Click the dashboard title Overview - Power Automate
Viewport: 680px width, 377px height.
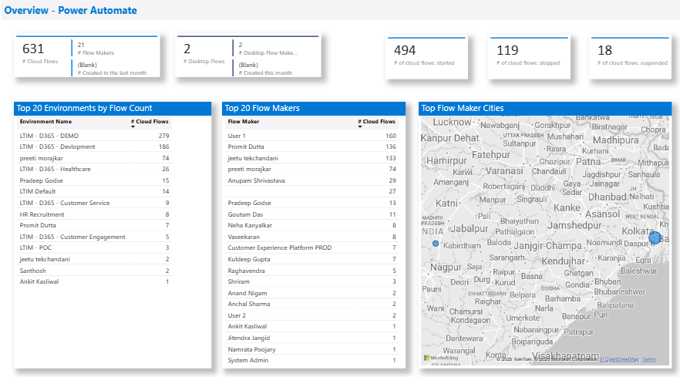point(71,11)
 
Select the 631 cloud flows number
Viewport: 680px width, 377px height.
point(33,49)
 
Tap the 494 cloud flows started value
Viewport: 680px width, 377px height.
point(405,50)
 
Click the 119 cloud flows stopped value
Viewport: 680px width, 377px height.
point(507,50)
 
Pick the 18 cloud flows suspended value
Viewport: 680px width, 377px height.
point(604,50)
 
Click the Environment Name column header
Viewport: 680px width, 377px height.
point(45,122)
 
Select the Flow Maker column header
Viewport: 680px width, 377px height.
point(244,122)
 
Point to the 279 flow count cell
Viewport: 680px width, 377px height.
point(163,136)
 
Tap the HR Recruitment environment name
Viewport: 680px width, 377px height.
point(42,214)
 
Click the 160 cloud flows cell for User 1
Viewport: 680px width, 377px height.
point(390,136)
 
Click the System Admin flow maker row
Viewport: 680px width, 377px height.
point(248,360)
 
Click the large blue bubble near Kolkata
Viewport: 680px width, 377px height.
point(655,237)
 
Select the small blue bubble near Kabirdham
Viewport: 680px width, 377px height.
point(436,244)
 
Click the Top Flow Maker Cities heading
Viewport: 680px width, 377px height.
point(463,109)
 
